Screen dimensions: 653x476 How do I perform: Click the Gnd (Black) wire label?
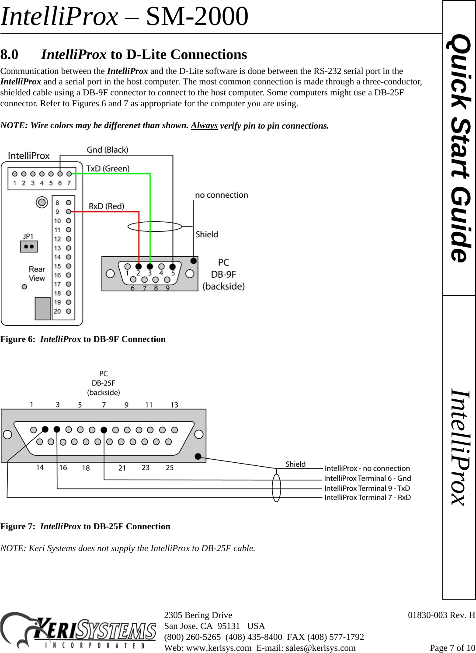point(107,150)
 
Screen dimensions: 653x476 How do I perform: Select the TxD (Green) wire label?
point(108,168)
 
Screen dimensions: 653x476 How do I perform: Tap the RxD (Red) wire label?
point(106,206)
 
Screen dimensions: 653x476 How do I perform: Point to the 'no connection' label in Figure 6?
point(221,195)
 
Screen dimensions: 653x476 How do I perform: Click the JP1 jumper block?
point(29,247)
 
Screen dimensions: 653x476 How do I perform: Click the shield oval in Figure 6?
point(155,226)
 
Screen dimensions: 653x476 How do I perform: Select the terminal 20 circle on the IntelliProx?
point(69,311)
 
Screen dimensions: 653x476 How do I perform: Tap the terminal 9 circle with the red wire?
point(69,212)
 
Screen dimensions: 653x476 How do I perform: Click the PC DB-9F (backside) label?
point(223,274)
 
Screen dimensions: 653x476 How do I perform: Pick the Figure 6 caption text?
point(83,339)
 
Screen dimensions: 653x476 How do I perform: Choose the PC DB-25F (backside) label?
point(104,383)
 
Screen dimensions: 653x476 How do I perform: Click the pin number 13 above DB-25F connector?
point(174,405)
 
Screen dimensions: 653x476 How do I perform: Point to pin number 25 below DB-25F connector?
point(170,468)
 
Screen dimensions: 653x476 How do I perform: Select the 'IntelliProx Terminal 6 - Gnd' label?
point(367,478)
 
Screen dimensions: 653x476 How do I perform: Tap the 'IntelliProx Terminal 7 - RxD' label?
point(367,497)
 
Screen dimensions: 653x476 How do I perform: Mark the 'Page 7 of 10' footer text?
point(452,648)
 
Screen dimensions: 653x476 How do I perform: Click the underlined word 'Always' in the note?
point(204,126)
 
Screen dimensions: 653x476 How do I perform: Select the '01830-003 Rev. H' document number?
point(441,615)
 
